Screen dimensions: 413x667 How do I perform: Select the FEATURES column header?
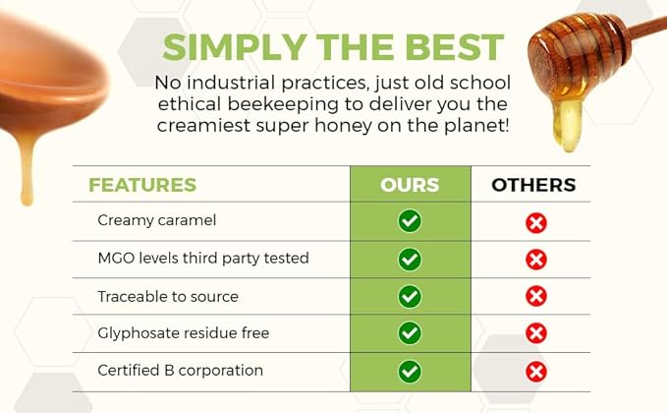tap(142, 185)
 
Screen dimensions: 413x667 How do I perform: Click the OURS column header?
tap(410, 185)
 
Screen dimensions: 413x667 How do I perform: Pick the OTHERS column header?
tap(533, 185)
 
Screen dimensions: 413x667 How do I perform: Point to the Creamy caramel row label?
tap(156, 221)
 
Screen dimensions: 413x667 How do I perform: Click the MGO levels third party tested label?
tap(203, 259)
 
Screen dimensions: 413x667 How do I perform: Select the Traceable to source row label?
tap(168, 296)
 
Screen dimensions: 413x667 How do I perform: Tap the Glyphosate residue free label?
tap(183, 333)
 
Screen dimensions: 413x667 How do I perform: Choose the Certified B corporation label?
tap(180, 371)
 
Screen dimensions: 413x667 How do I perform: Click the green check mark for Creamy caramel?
tap(410, 221)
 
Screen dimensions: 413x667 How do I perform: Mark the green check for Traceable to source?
tap(410, 296)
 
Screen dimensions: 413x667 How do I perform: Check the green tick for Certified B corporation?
tap(410, 372)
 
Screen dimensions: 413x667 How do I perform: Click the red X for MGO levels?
tap(535, 260)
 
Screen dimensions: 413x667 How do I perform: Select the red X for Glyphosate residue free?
tap(535, 334)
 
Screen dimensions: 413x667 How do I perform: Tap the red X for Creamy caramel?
tap(535, 222)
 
